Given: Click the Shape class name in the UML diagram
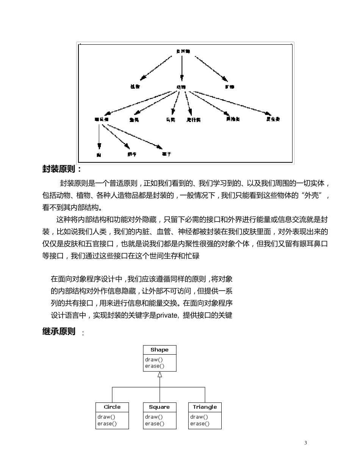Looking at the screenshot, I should pos(160,350).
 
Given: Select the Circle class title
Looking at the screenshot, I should pos(112,407).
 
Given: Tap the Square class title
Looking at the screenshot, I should pos(160,407).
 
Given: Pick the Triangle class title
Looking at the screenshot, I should pos(205,407).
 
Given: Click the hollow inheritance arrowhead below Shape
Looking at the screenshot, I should pos(160,374).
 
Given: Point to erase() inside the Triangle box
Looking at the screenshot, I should pos(200,424).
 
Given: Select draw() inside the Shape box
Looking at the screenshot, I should pos(153,360).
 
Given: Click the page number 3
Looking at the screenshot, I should pos(305,443).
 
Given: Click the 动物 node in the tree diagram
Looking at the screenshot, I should pos(181,87).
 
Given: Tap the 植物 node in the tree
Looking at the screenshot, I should pos(135,87).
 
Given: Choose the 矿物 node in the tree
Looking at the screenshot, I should pos(230,87).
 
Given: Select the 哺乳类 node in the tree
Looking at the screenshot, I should pos(102,119).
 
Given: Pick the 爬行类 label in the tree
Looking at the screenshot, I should pos(194,120).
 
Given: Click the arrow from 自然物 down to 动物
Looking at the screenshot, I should pos(182,68).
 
